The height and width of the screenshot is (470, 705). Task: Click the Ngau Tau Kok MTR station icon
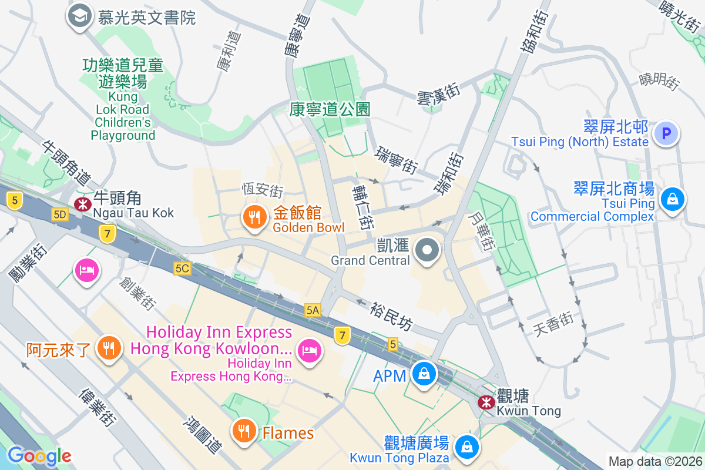pyautogui.click(x=82, y=204)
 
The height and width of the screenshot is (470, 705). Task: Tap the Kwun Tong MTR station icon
pyautogui.click(x=486, y=402)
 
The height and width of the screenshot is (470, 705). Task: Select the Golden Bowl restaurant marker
pyautogui.click(x=254, y=218)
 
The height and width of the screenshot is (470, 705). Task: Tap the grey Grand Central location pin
pyautogui.click(x=428, y=251)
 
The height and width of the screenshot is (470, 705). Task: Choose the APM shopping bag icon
pyautogui.click(x=422, y=374)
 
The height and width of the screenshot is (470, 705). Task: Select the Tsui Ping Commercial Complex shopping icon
pyautogui.click(x=670, y=199)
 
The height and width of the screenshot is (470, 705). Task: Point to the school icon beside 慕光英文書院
pyautogui.click(x=79, y=16)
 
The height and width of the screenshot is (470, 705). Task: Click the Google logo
pyautogui.click(x=39, y=455)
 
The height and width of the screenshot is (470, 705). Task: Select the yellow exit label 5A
pyautogui.click(x=313, y=310)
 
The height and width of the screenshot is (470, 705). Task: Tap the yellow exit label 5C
pyautogui.click(x=182, y=268)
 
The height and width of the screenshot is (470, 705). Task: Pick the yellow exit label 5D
pyautogui.click(x=59, y=214)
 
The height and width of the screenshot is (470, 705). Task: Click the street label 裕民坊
pyautogui.click(x=391, y=316)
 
